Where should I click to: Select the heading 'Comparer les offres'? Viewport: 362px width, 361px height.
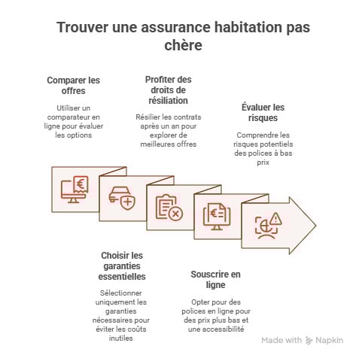click(72, 85)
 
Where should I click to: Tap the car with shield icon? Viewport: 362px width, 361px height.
click(121, 199)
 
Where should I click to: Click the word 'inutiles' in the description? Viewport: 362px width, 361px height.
click(123, 338)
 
